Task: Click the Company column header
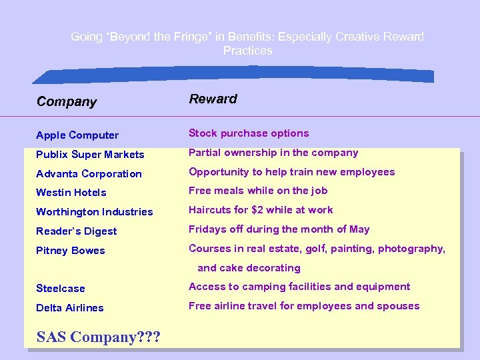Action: (x=67, y=102)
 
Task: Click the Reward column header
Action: (x=213, y=99)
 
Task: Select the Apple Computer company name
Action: (x=77, y=135)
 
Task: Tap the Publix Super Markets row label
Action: (x=90, y=155)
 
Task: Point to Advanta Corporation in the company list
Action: (x=89, y=174)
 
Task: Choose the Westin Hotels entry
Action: (x=71, y=193)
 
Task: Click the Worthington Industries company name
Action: (x=95, y=212)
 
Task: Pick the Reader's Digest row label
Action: (x=77, y=231)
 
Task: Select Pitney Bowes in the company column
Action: (x=71, y=251)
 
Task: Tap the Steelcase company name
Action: (x=61, y=289)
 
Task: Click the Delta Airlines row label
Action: (x=70, y=308)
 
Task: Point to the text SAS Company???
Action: (x=98, y=337)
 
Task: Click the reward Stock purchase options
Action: (x=249, y=133)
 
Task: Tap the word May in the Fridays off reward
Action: (x=359, y=229)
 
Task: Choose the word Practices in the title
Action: (x=247, y=51)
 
